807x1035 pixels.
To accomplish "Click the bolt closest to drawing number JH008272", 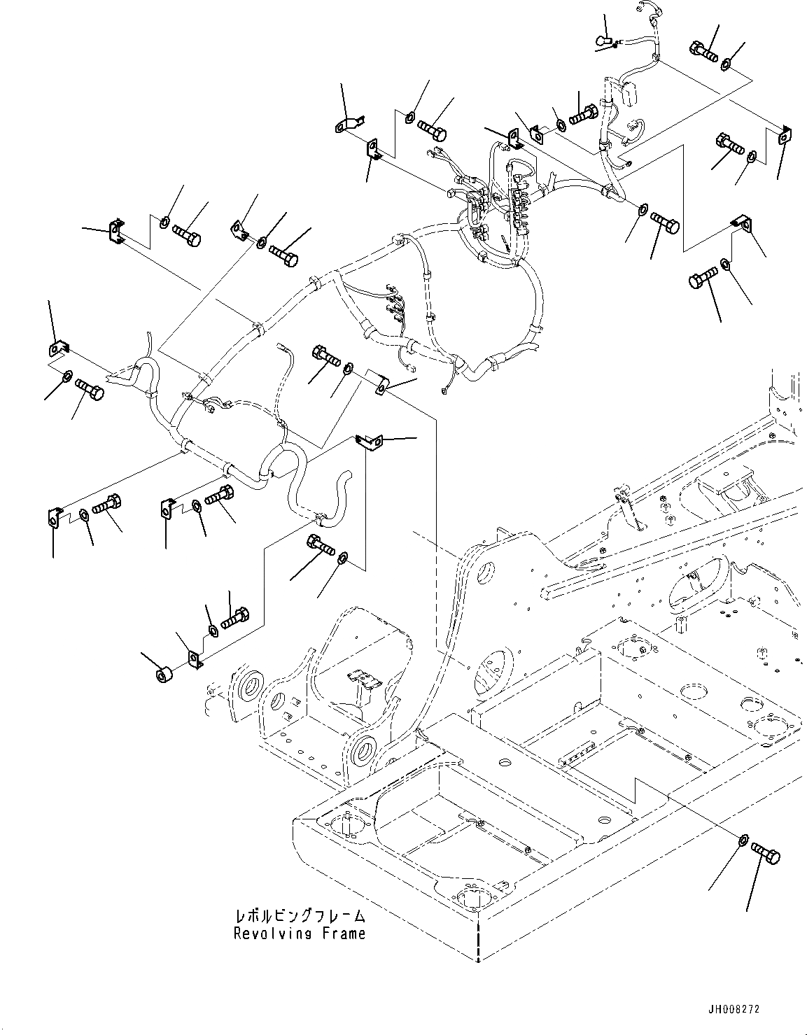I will [x=766, y=854].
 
